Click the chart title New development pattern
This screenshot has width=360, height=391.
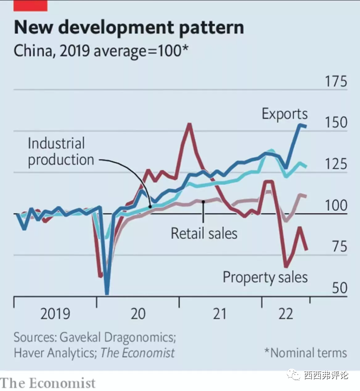[129, 27]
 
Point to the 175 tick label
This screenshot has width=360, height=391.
[336, 81]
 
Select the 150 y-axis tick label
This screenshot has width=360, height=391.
[336, 123]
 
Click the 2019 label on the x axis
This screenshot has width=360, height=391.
[55, 314]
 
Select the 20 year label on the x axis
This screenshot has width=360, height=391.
[138, 314]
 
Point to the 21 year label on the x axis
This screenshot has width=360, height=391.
[219, 314]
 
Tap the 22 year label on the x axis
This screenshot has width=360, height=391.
[285, 314]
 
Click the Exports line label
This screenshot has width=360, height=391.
[284, 114]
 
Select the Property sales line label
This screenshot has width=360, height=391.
[265, 277]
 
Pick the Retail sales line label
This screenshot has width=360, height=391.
[204, 233]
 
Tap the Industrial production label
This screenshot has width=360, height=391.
[60, 152]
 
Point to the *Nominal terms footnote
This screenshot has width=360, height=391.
[305, 353]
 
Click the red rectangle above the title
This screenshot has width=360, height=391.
[31, 5]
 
